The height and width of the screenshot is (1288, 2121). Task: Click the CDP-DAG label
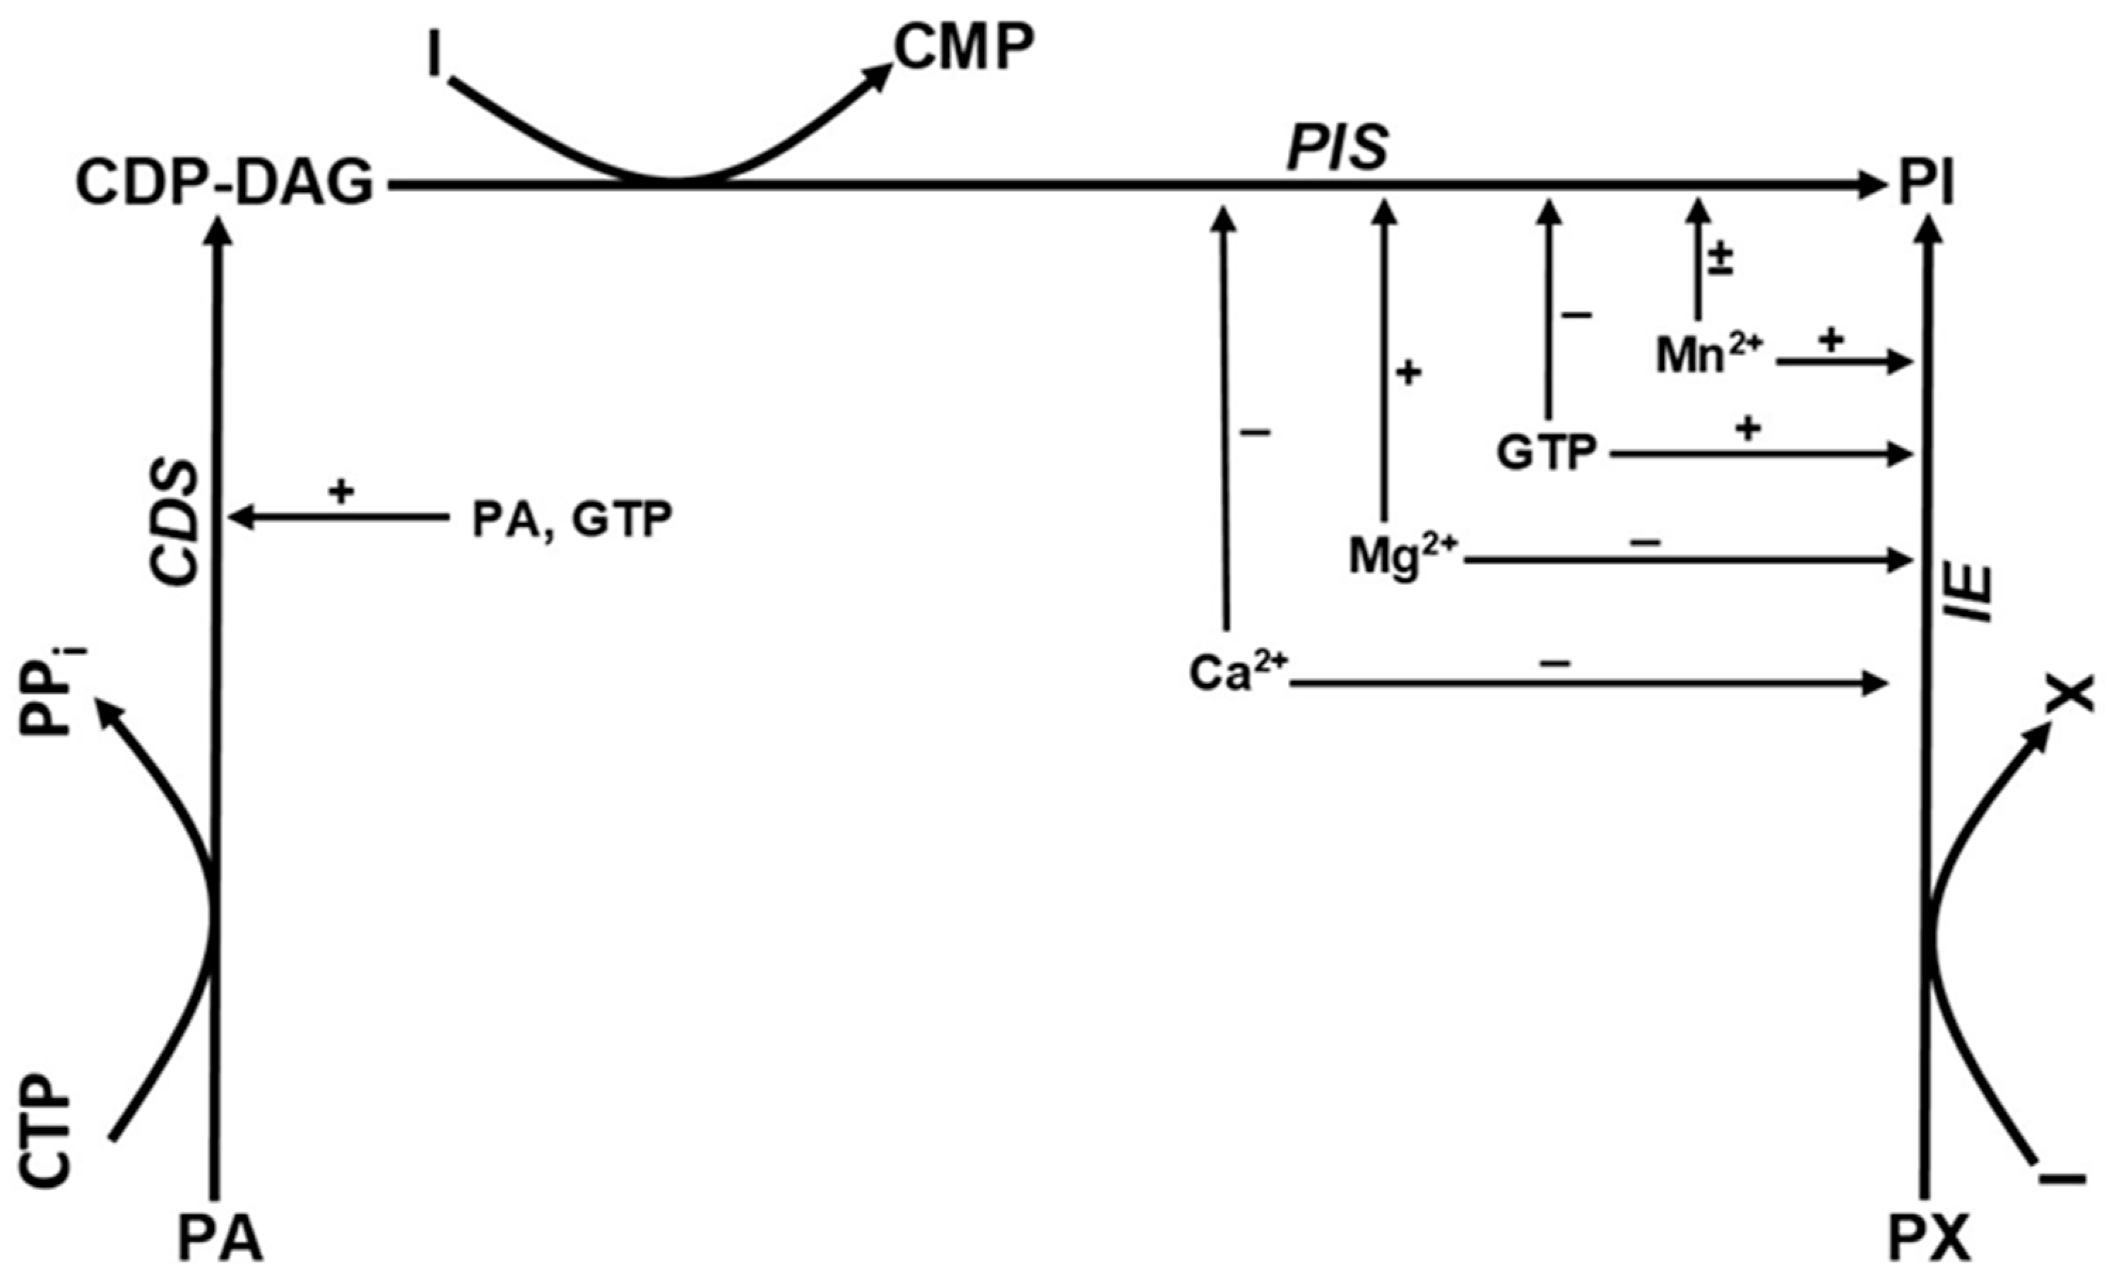[225, 184]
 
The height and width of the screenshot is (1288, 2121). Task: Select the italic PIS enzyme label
[1337, 148]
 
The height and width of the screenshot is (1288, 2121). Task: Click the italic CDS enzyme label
[174, 523]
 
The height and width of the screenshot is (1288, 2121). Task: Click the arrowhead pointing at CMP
[880, 74]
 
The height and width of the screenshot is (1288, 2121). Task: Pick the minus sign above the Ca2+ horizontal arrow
[1554, 662]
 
